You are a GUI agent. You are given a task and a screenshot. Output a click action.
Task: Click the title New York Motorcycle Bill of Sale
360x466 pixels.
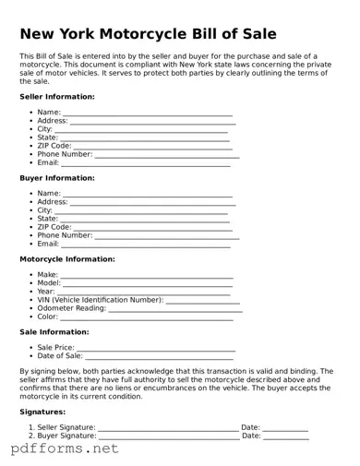pyautogui.click(x=148, y=34)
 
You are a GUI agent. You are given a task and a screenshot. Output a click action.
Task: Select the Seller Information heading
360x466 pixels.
pyautogui.click(x=57, y=96)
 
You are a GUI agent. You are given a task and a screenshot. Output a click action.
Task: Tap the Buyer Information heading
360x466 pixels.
pyautogui.click(x=57, y=177)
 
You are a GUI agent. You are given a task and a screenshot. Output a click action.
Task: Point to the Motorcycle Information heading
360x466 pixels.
pyautogui.click(x=67, y=259)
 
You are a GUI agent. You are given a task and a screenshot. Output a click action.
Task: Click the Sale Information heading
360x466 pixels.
pyautogui.click(x=54, y=331)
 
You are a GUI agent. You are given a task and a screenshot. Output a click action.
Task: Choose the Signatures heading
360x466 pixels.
pyautogui.click(x=42, y=412)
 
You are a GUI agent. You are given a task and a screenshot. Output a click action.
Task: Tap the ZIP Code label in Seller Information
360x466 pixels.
pyautogui.click(x=54, y=146)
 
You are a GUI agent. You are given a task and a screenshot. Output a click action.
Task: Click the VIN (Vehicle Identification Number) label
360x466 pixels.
pyautogui.click(x=100, y=300)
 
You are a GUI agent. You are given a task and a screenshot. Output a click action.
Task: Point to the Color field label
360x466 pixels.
pyautogui.click(x=47, y=317)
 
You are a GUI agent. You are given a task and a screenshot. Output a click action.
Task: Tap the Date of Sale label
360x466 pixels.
pyautogui.click(x=60, y=355)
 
